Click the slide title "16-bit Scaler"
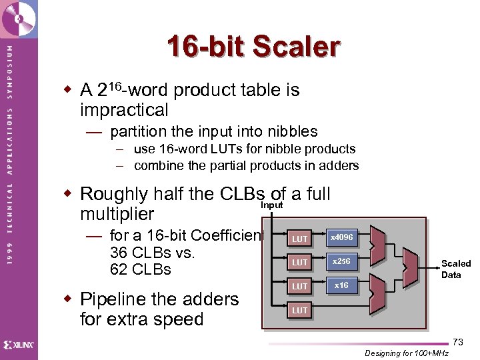(x=253, y=47)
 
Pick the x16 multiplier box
(x=342, y=285)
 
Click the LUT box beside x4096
(x=300, y=239)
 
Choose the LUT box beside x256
(x=300, y=263)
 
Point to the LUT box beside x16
(x=300, y=287)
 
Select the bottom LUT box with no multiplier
(x=300, y=311)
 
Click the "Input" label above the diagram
(x=271, y=205)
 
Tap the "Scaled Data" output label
(x=455, y=269)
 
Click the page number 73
(x=457, y=342)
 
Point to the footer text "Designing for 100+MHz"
(x=407, y=353)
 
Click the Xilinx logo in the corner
(x=19, y=345)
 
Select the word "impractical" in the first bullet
(x=124, y=110)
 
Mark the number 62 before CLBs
(x=119, y=269)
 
